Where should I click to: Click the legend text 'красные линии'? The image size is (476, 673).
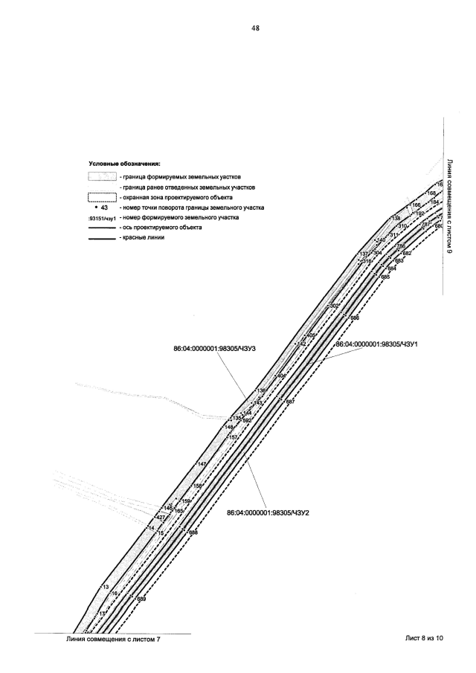(x=138, y=238)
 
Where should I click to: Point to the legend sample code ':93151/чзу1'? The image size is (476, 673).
(x=101, y=219)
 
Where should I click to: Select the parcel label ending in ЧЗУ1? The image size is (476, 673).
(x=379, y=344)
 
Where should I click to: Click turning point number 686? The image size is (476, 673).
(x=355, y=318)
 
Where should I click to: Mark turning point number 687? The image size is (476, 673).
(x=290, y=402)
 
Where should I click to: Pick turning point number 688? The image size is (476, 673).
(x=193, y=532)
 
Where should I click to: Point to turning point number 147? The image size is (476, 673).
(x=202, y=464)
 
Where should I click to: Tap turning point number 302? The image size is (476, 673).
(x=334, y=306)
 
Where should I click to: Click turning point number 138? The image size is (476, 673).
(x=396, y=218)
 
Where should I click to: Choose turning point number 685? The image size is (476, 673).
(x=385, y=277)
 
